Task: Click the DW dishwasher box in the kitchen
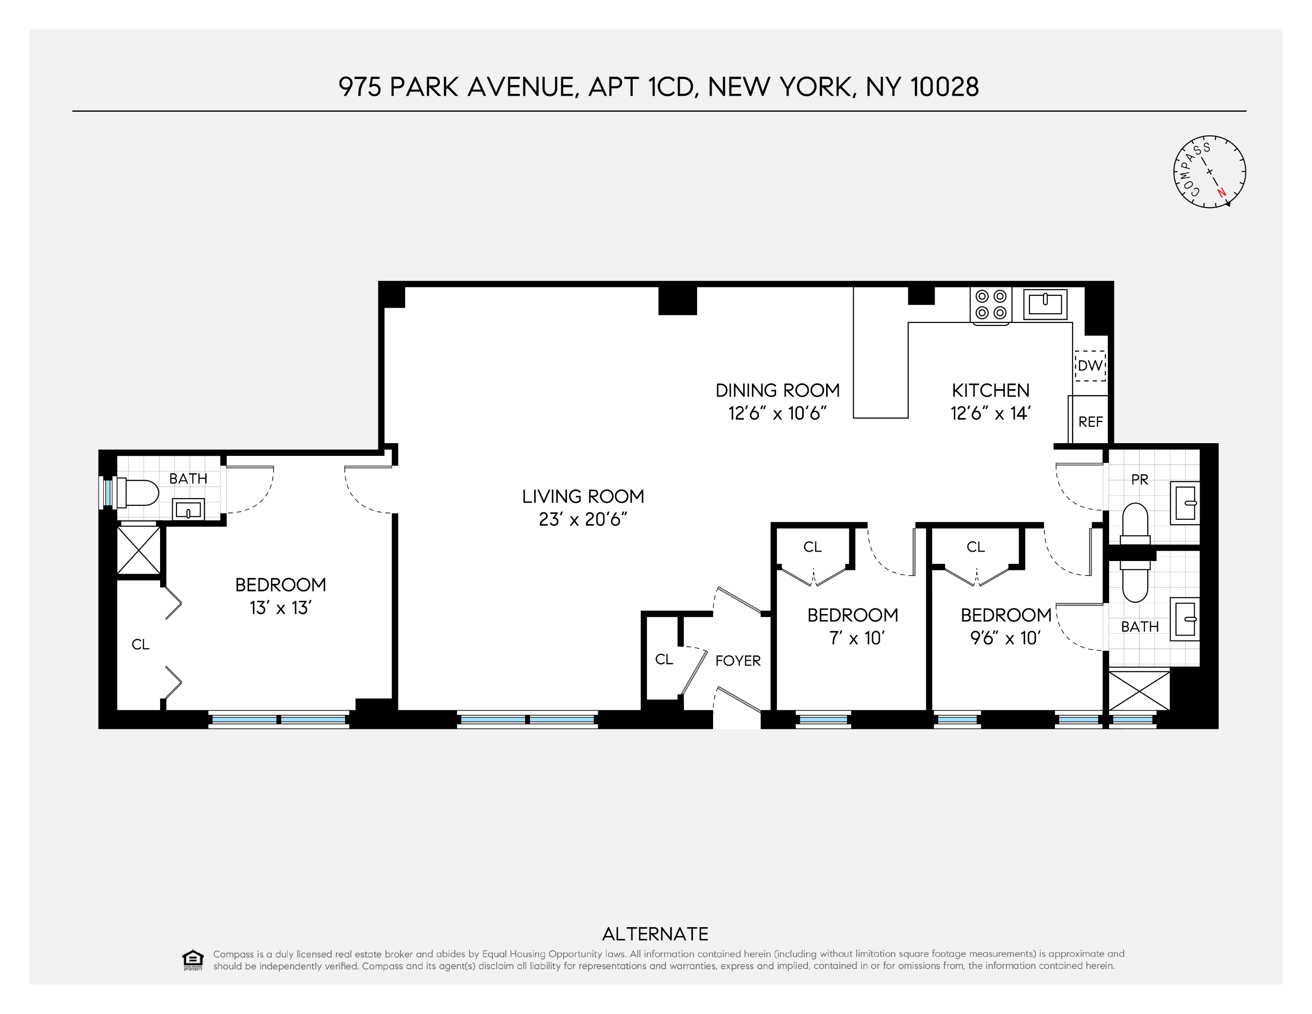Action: point(1089,365)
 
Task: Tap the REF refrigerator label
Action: point(1090,422)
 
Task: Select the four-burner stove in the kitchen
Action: point(990,305)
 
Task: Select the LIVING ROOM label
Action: point(583,496)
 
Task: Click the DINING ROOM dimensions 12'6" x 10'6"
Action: point(777,413)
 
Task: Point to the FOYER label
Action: point(738,660)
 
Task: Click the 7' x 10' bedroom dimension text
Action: point(857,638)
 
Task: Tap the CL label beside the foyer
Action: point(664,659)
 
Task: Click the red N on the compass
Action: point(1220,193)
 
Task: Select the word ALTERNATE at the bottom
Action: point(655,934)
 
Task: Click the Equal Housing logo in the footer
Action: point(192,960)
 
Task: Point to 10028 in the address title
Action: point(944,87)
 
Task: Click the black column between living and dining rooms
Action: point(677,300)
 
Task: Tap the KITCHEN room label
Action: point(990,391)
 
